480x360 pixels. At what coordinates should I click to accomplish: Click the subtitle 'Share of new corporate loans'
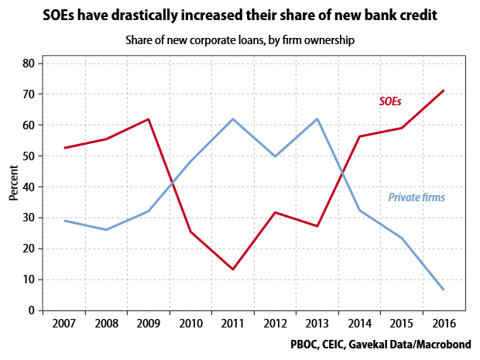(x=239, y=40)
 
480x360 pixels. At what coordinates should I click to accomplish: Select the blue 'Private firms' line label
(x=416, y=198)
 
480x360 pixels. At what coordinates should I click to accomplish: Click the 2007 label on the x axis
(x=63, y=323)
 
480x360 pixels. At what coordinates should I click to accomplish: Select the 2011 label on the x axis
(x=232, y=323)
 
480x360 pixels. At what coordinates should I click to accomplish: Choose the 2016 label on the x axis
(x=443, y=323)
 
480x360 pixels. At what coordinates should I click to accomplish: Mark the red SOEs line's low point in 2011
(x=232, y=269)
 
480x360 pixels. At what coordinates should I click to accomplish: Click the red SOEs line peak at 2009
(x=148, y=119)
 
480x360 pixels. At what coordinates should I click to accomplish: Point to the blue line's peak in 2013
(x=317, y=119)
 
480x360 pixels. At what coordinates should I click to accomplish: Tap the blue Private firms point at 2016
(x=443, y=290)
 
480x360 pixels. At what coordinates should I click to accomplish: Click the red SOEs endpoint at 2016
(x=443, y=91)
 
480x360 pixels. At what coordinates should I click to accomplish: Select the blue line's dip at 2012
(x=275, y=156)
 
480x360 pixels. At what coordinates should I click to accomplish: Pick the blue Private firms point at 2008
(x=106, y=230)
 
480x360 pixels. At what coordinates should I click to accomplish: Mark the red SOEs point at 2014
(x=359, y=136)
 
